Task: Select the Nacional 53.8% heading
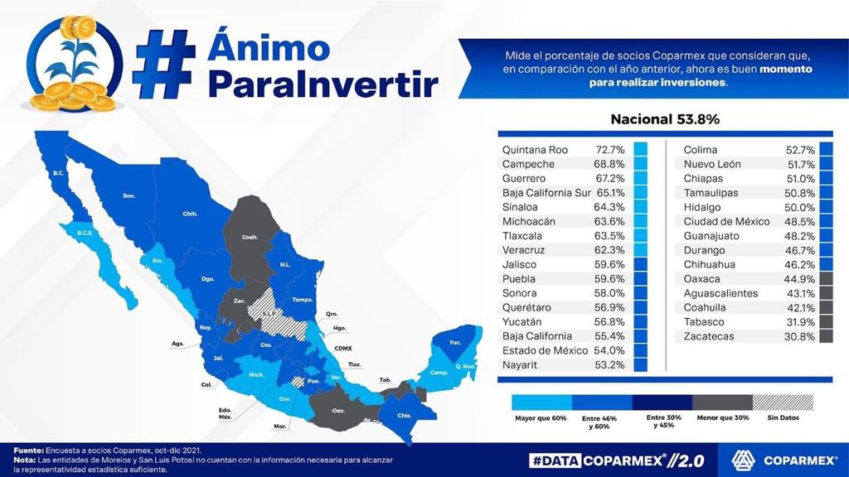tap(665, 119)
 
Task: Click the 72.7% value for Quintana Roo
tap(610, 150)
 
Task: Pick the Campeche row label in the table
tap(529, 164)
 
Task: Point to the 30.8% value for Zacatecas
tap(800, 336)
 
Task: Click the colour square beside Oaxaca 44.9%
tap(826, 279)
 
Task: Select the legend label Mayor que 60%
tap(540, 418)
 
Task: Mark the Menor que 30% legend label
tap(722, 418)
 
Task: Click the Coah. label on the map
tap(250, 237)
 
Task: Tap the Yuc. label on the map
tap(455, 342)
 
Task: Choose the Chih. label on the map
tap(190, 214)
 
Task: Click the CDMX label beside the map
tap(343, 349)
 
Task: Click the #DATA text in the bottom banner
tap(554, 460)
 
